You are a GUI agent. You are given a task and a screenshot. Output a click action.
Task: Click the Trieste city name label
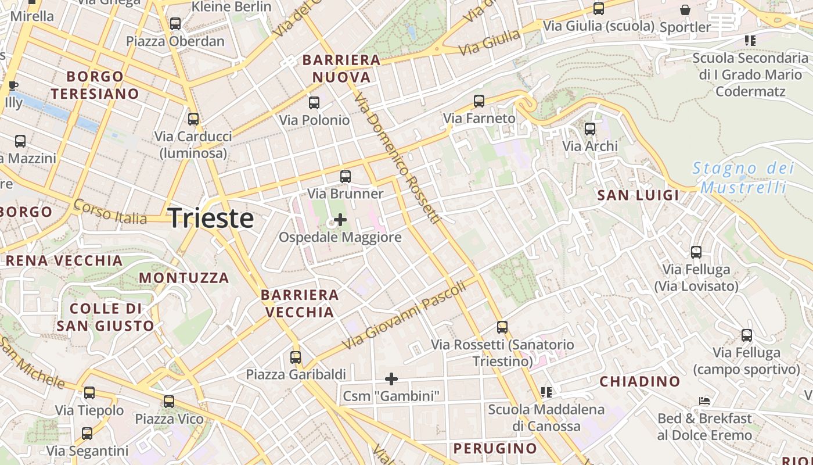click(211, 219)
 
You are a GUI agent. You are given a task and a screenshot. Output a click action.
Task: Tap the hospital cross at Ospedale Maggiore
click(340, 220)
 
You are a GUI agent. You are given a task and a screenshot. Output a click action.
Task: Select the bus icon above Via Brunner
click(346, 176)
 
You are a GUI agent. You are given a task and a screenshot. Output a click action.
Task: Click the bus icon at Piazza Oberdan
click(175, 24)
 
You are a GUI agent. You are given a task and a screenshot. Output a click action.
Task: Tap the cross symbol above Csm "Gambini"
click(391, 379)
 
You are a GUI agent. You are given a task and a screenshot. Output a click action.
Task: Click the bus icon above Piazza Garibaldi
click(296, 357)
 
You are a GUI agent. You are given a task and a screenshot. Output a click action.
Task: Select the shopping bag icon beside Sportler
click(685, 10)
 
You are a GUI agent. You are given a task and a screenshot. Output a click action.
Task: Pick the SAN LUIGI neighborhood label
click(638, 195)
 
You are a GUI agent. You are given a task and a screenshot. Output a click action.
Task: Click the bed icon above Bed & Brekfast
click(704, 401)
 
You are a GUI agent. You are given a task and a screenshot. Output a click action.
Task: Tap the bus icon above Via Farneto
click(479, 101)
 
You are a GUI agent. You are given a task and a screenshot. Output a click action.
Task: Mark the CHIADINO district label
click(639, 382)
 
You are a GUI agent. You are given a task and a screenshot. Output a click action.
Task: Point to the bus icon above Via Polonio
click(314, 103)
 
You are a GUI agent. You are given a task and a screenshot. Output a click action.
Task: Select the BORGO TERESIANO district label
click(95, 85)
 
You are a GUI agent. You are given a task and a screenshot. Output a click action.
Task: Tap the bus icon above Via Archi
click(590, 129)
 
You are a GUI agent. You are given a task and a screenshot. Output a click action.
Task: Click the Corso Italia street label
click(110, 213)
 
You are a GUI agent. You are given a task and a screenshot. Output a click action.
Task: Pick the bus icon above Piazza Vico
click(169, 402)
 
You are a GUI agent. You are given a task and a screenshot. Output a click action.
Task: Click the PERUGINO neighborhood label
click(495, 449)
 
